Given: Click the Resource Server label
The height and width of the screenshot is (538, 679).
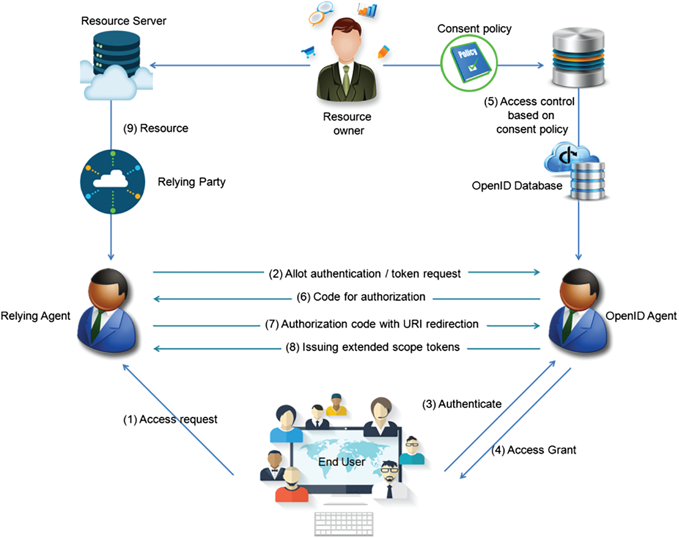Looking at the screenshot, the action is pos(124,21).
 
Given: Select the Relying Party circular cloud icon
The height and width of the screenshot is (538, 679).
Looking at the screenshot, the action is pos(113,182).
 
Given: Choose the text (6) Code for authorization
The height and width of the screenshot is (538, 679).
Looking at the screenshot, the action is pos(361,297).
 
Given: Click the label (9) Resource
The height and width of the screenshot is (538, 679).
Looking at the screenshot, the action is pos(156,129).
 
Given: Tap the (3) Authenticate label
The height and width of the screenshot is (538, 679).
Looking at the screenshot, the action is pos(462,404).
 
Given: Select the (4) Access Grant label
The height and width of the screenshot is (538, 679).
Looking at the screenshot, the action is pos(534,450).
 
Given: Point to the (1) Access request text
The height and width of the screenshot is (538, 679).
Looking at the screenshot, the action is pos(170,419).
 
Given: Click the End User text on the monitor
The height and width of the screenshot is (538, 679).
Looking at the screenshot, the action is pos(341,462).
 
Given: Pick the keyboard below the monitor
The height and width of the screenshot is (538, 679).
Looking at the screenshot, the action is pos(344,524).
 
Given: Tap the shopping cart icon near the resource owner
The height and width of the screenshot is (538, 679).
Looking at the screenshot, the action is pos(308,52).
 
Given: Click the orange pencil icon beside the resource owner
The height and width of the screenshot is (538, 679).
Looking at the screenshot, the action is pos(383,52).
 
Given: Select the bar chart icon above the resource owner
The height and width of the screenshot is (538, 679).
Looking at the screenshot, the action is pos(367,10).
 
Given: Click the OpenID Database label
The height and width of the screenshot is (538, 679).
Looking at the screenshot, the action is pos(517,186).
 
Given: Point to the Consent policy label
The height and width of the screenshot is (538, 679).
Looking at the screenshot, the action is pos(474,29).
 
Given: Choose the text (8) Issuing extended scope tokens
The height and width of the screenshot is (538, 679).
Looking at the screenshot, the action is pos(372,347).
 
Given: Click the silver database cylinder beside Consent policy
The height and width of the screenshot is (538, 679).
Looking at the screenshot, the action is pos(578,57).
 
